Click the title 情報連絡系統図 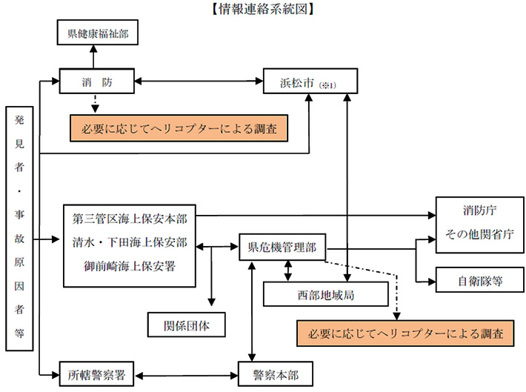click(263, 9)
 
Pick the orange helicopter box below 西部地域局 click(405, 333)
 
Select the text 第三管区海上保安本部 click(130, 220)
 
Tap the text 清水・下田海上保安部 click(130, 242)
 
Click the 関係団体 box click(184, 323)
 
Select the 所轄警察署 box click(97, 373)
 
